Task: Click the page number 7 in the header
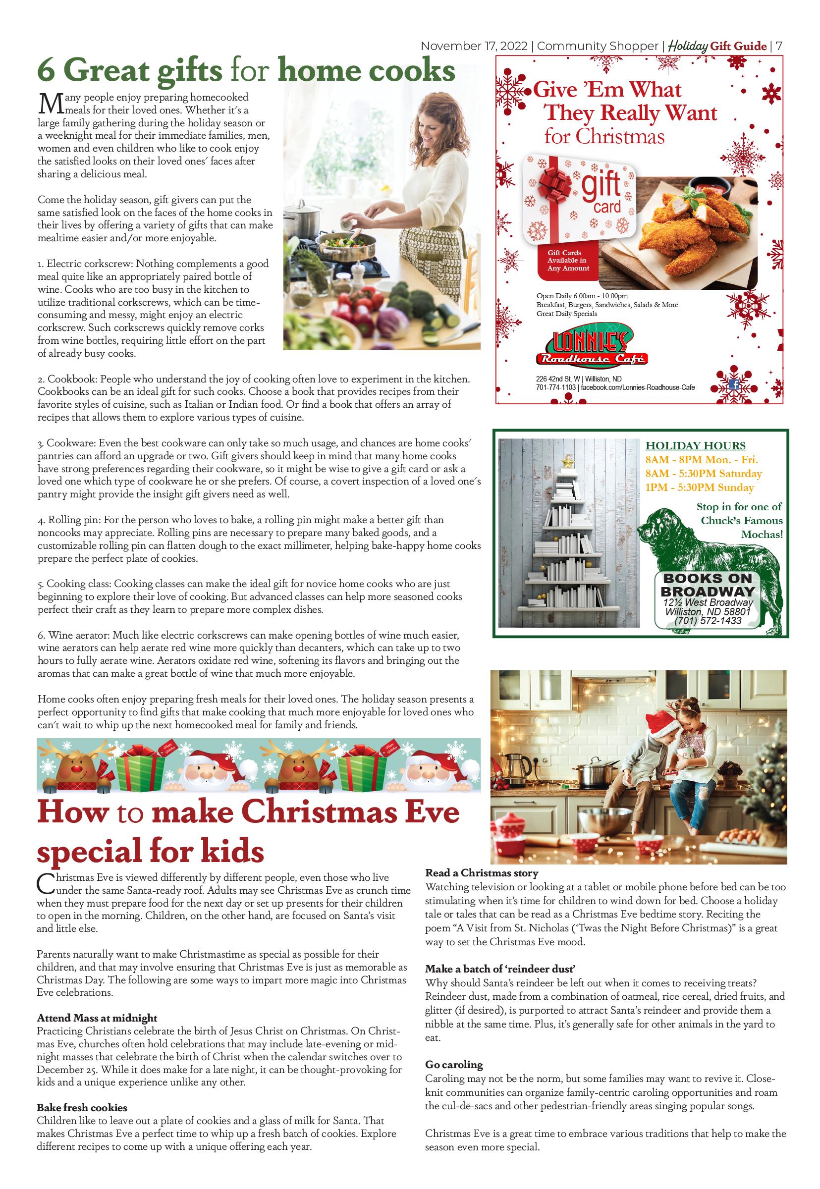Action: [x=779, y=46]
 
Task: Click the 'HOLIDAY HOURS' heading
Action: [x=695, y=446]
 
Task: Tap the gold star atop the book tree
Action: [x=568, y=462]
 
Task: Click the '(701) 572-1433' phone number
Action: [x=708, y=620]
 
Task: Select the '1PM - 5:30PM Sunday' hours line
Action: [x=699, y=487]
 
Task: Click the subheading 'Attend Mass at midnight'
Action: [x=97, y=1018]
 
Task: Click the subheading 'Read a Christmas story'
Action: [x=482, y=873]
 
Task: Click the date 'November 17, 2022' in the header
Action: [x=474, y=46]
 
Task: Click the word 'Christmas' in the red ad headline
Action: [x=620, y=137]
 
